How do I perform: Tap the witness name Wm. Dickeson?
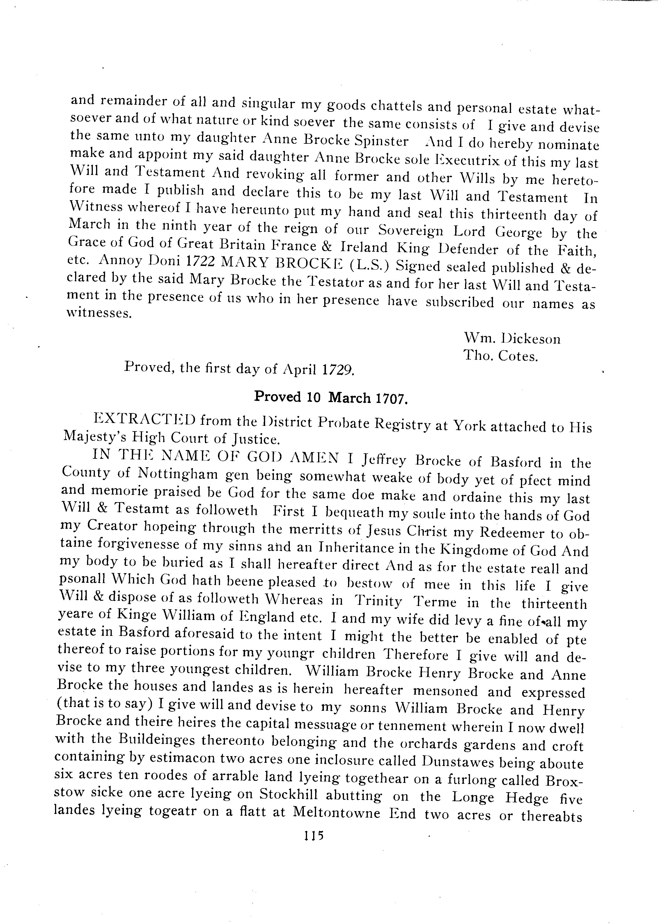pos(512,338)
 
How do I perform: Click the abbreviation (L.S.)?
pos(370,265)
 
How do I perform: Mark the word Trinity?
pos(378,601)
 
